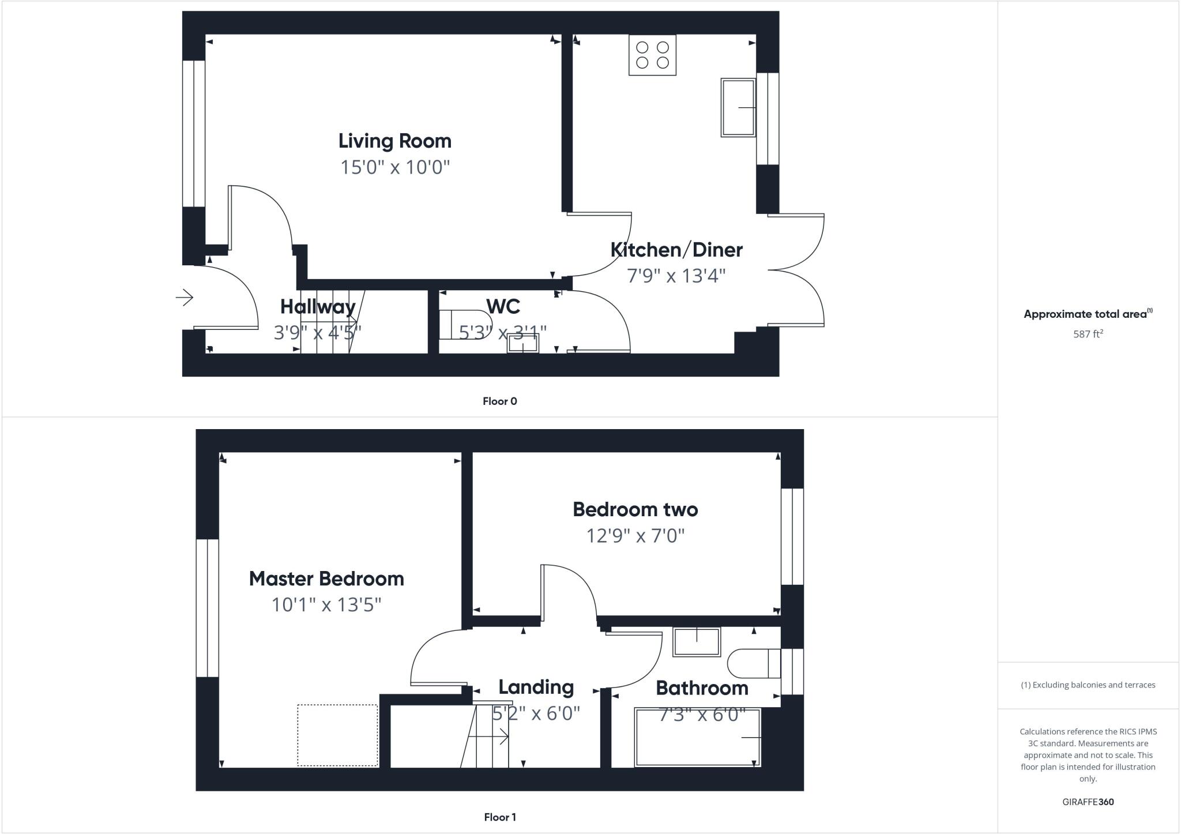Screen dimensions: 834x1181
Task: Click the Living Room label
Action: click(394, 141)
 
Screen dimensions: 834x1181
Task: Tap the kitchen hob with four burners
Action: click(652, 55)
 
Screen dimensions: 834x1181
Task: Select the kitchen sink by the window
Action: click(738, 108)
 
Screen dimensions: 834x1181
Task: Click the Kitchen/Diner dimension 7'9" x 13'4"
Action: click(676, 276)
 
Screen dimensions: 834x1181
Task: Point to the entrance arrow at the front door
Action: click(185, 298)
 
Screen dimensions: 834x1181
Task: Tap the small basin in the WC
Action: click(522, 344)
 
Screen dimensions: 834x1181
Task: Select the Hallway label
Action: click(318, 306)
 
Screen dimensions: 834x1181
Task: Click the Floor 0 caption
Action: click(499, 401)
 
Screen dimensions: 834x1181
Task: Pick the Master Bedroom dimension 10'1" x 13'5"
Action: click(326, 604)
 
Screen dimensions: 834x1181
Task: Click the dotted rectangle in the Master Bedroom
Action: click(337, 735)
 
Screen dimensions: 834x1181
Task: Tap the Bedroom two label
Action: click(635, 509)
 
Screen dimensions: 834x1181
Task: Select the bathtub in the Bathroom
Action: click(697, 738)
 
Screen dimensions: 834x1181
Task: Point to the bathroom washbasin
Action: click(697, 642)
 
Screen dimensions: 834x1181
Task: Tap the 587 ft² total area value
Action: click(1088, 334)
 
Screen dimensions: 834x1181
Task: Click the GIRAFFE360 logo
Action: click(1088, 802)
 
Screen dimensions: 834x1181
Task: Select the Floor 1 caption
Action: click(499, 817)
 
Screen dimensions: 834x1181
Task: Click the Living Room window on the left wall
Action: click(194, 133)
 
